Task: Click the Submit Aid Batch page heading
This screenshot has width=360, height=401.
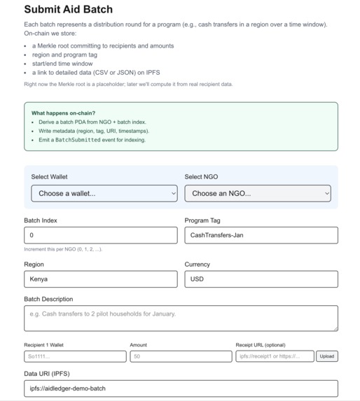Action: point(68,10)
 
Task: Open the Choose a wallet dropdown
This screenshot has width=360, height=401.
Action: point(104,193)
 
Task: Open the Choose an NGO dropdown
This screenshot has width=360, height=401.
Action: point(257,193)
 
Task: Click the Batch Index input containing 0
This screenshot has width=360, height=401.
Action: point(100,235)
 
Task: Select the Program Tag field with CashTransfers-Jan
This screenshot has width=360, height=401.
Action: point(261,235)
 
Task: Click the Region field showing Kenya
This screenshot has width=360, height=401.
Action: point(100,279)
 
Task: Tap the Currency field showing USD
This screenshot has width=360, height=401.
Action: point(261,279)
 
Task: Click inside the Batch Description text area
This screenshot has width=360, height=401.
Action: point(180,318)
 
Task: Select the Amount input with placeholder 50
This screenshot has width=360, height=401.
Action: point(180,356)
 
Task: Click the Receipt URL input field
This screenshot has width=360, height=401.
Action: point(274,356)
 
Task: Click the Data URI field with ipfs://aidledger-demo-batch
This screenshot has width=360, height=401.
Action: point(180,388)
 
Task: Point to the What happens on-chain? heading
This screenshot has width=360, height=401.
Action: point(63,113)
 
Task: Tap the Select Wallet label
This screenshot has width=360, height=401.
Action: point(49,177)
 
